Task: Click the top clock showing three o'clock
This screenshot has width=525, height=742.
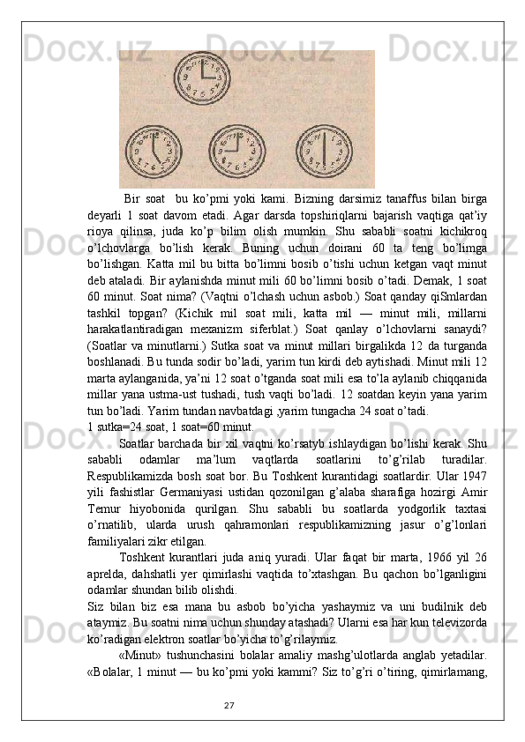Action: point(200,77)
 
